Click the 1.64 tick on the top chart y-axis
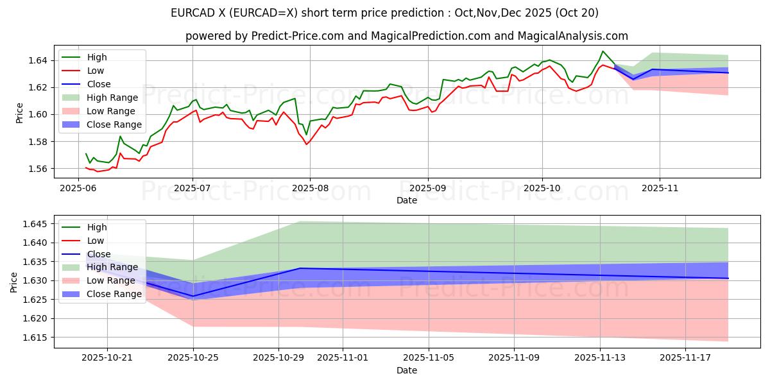pos(40,60)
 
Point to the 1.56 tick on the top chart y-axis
pos(40,169)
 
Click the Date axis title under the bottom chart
pos(406,370)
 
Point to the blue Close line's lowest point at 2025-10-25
pos(193,296)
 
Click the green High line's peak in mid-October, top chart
pos(603,51)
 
